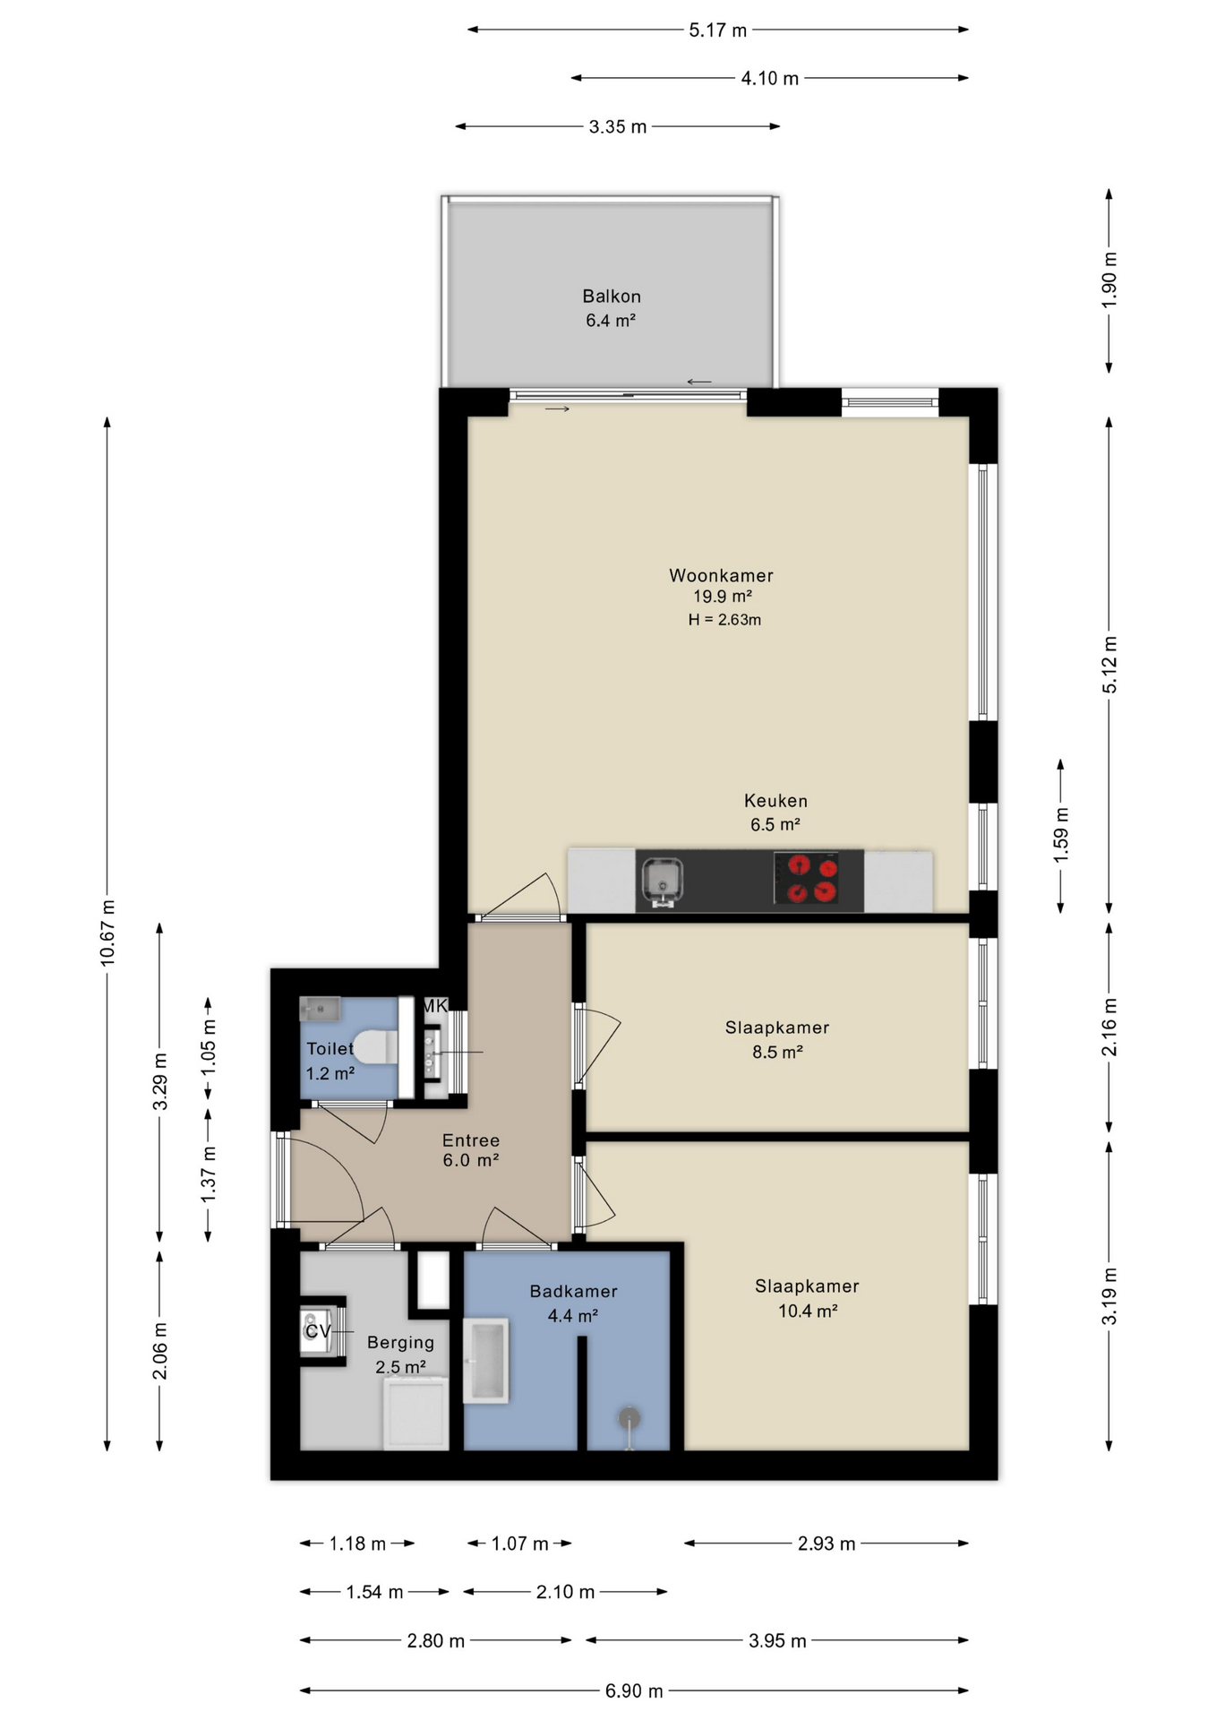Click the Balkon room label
(611, 307)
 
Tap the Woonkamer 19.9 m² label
(721, 585)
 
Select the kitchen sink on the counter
(662, 881)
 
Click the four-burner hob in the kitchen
(806, 879)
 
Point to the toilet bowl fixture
(375, 1046)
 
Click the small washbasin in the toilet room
(319, 1010)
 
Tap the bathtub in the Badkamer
(485, 1360)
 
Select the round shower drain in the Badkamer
(630, 1418)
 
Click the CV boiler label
(318, 1331)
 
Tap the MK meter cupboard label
(434, 1006)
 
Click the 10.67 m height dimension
(107, 932)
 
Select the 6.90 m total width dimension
(634, 1690)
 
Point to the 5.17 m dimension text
(717, 30)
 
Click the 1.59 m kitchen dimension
(1061, 835)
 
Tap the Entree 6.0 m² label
(470, 1150)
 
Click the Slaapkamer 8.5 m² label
(776, 1039)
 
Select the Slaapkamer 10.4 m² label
(807, 1298)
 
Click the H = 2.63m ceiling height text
(724, 620)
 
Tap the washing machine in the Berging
(416, 1414)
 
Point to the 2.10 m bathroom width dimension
(565, 1592)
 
